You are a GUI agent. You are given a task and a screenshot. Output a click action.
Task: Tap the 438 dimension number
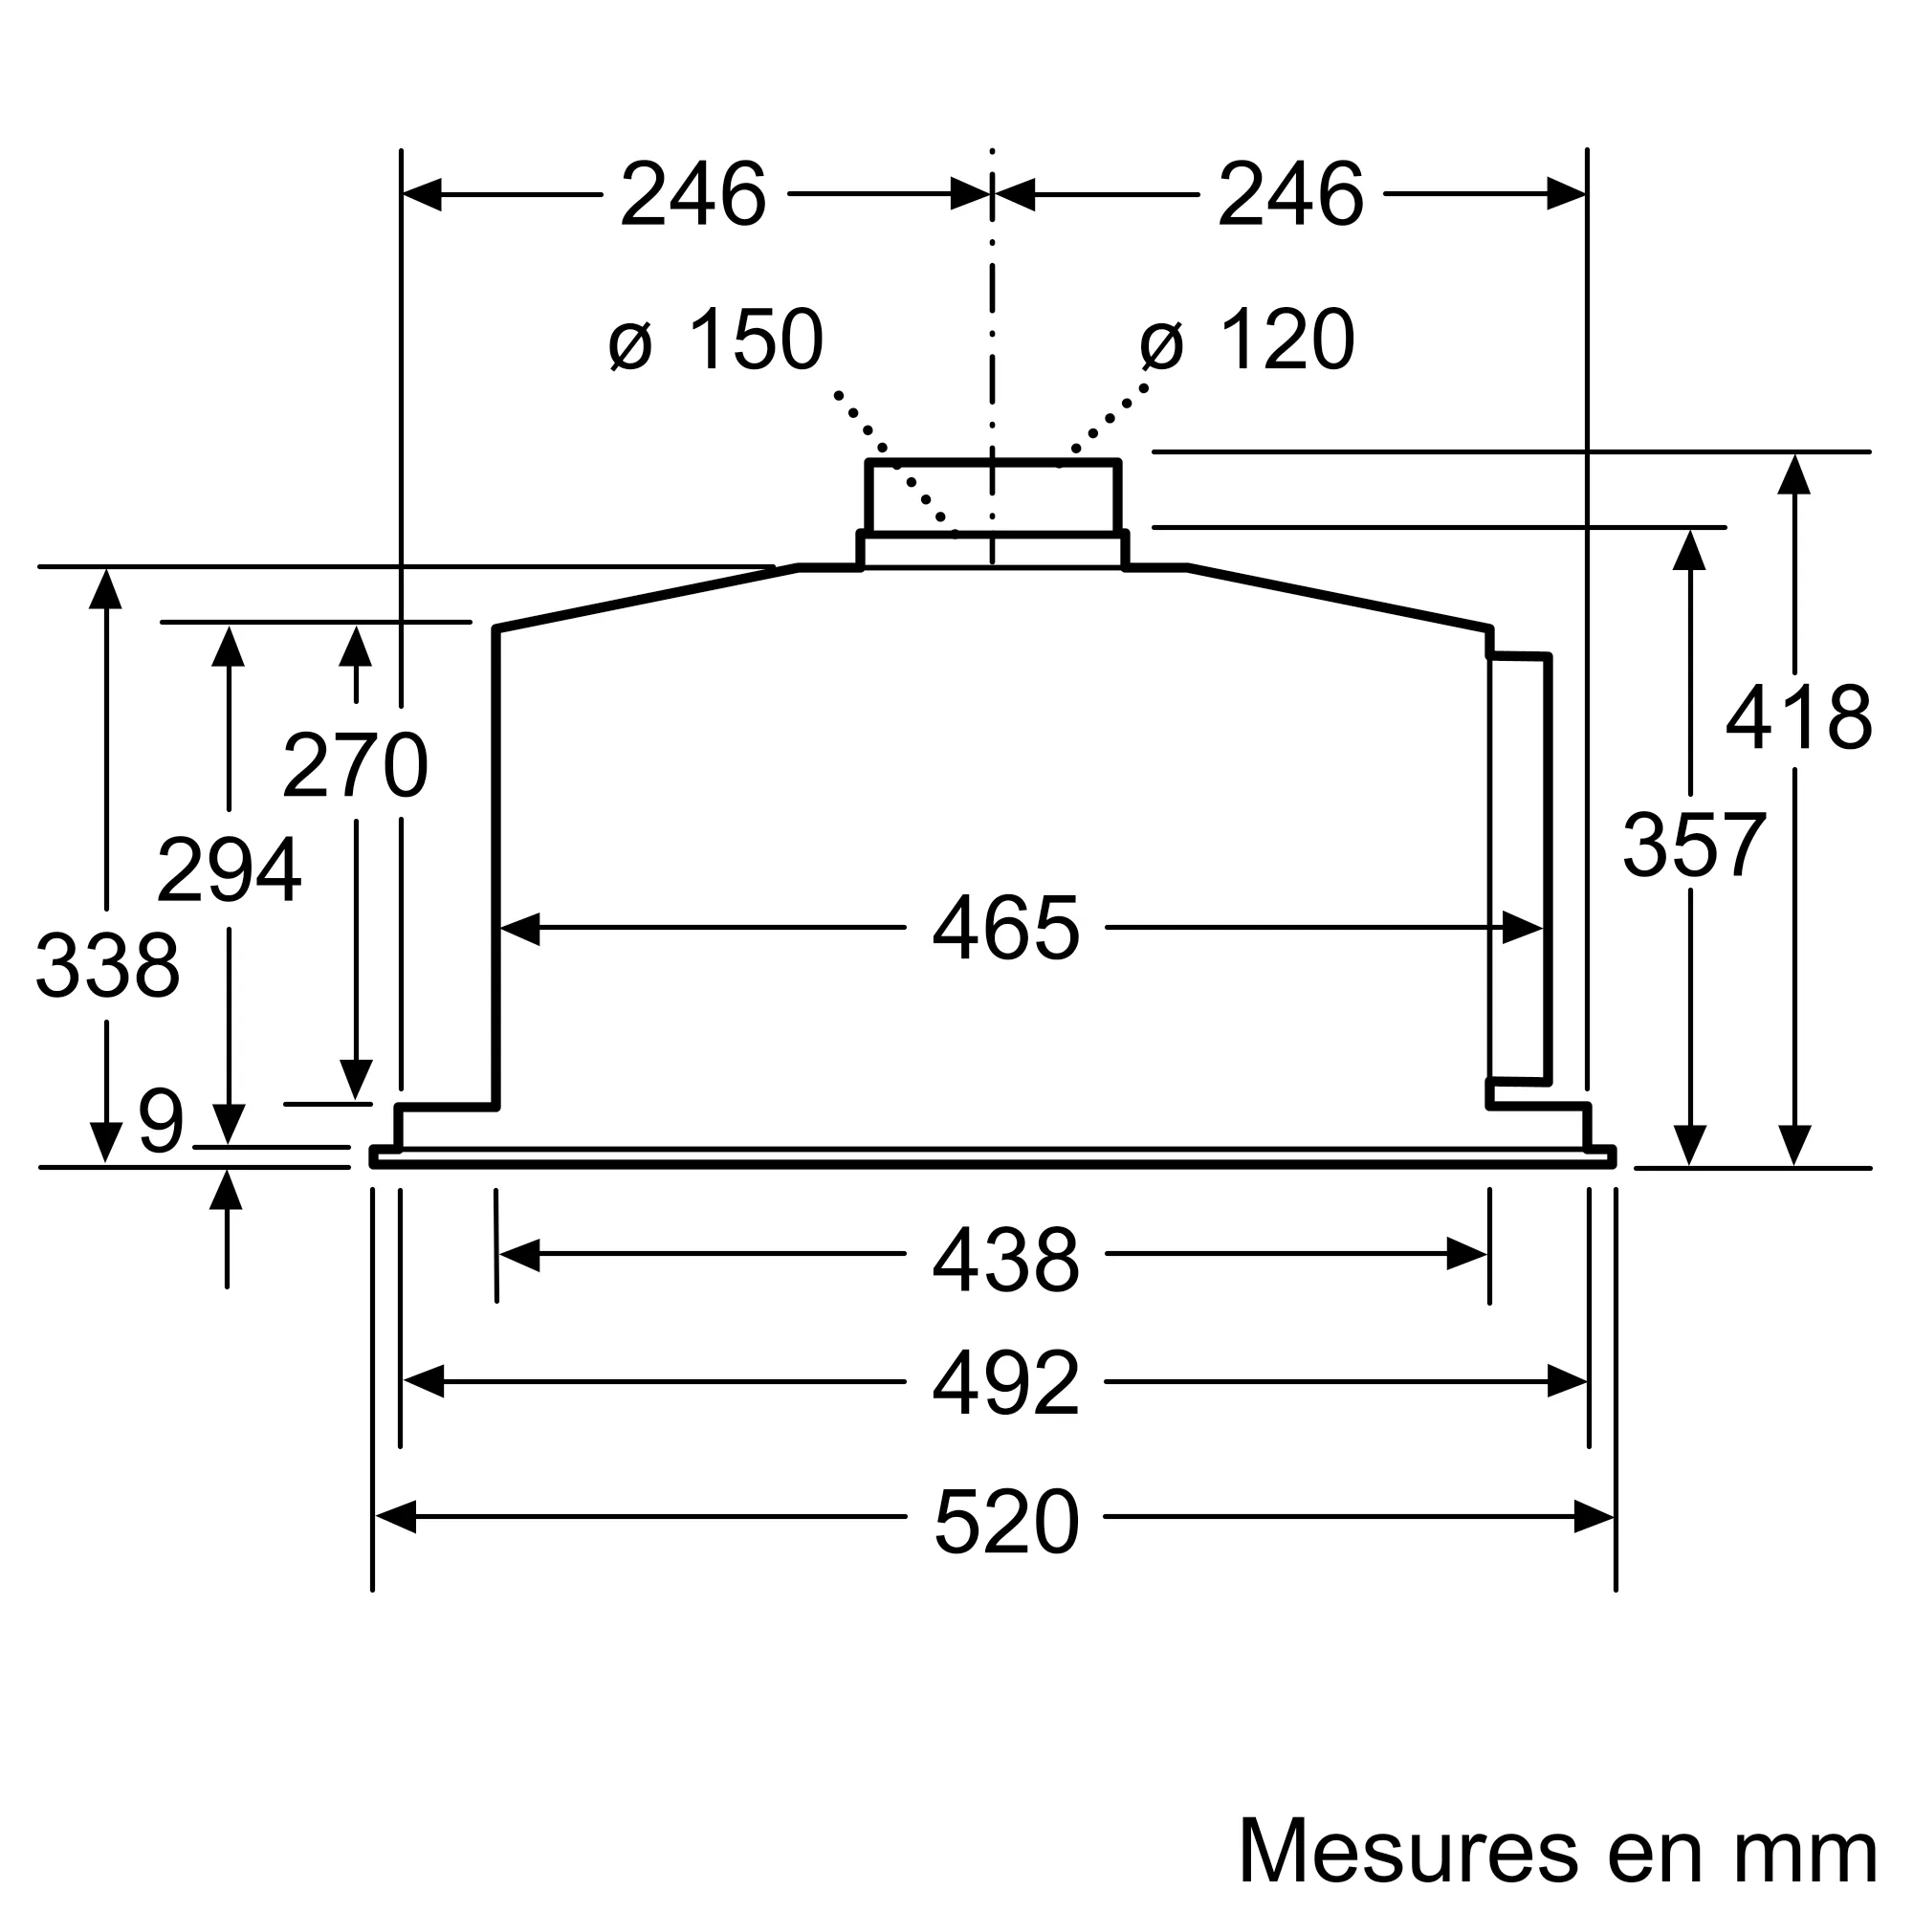click(x=1005, y=1260)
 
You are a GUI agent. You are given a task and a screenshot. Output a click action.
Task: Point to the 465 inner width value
click(x=1005, y=929)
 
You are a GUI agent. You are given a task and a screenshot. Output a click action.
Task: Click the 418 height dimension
click(x=1798, y=718)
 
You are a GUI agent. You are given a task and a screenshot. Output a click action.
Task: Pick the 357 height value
click(x=1693, y=846)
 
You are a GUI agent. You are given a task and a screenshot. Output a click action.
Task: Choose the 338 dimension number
click(x=108, y=965)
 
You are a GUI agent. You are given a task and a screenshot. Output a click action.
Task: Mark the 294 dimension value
click(x=229, y=870)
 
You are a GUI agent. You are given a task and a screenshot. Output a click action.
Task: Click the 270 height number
click(x=355, y=765)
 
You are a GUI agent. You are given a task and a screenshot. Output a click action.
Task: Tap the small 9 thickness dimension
click(x=161, y=1122)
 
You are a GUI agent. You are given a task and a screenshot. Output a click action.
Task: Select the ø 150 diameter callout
click(x=715, y=341)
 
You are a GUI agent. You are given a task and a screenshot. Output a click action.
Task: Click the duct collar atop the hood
click(x=992, y=498)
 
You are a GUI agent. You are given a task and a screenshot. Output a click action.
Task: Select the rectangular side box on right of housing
click(x=1519, y=869)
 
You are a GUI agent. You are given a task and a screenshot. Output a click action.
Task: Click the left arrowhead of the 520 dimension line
click(x=395, y=1517)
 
